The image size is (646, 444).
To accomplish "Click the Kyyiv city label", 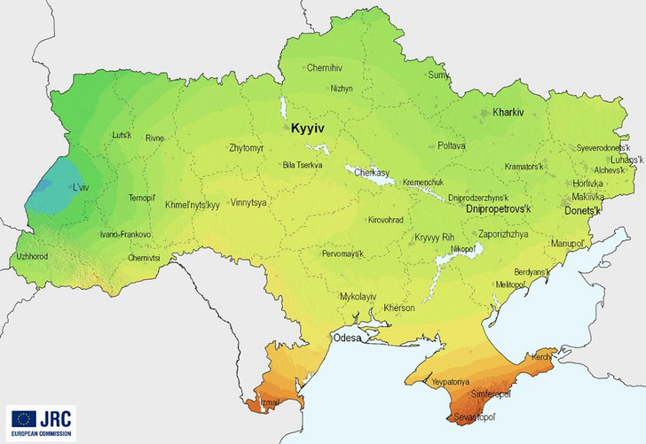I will point(304,129).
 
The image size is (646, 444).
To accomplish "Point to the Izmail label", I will point(271,403).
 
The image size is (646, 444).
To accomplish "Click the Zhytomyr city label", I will point(246,148).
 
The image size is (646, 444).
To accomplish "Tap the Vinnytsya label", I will point(252,202).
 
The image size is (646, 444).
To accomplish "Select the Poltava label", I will point(452,144).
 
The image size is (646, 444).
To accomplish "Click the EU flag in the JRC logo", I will point(23,418).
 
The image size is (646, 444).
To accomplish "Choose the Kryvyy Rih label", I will point(434,237).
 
